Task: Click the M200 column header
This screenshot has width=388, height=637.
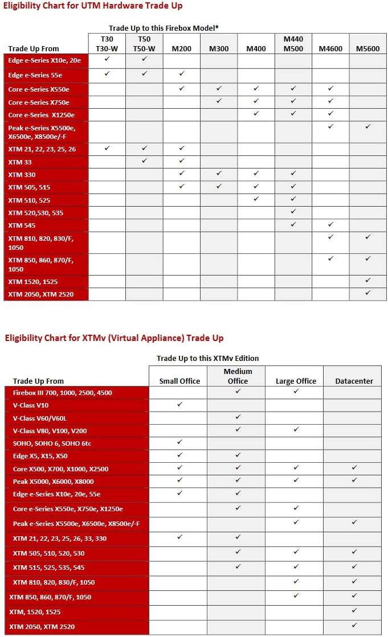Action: coord(181,48)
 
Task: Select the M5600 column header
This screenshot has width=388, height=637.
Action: coord(367,48)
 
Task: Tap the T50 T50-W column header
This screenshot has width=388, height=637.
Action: coord(144,44)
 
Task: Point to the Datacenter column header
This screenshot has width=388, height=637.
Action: coord(354,381)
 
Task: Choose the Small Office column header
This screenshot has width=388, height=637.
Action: coord(179,381)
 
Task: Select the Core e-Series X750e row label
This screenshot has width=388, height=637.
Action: coord(39,102)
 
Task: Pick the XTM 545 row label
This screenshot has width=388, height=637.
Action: coord(22,225)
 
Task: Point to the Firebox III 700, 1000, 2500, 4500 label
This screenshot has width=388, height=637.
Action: coord(63,393)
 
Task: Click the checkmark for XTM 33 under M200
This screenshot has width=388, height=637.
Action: coord(181,161)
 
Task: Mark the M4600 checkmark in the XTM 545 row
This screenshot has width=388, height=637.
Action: coord(330,224)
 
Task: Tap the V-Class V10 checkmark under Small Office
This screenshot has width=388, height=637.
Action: coord(179,404)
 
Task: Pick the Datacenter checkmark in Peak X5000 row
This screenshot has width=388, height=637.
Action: coord(354,480)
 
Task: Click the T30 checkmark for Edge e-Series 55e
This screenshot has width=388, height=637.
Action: coord(107,73)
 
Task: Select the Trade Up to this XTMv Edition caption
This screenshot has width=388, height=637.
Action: coord(208,358)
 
